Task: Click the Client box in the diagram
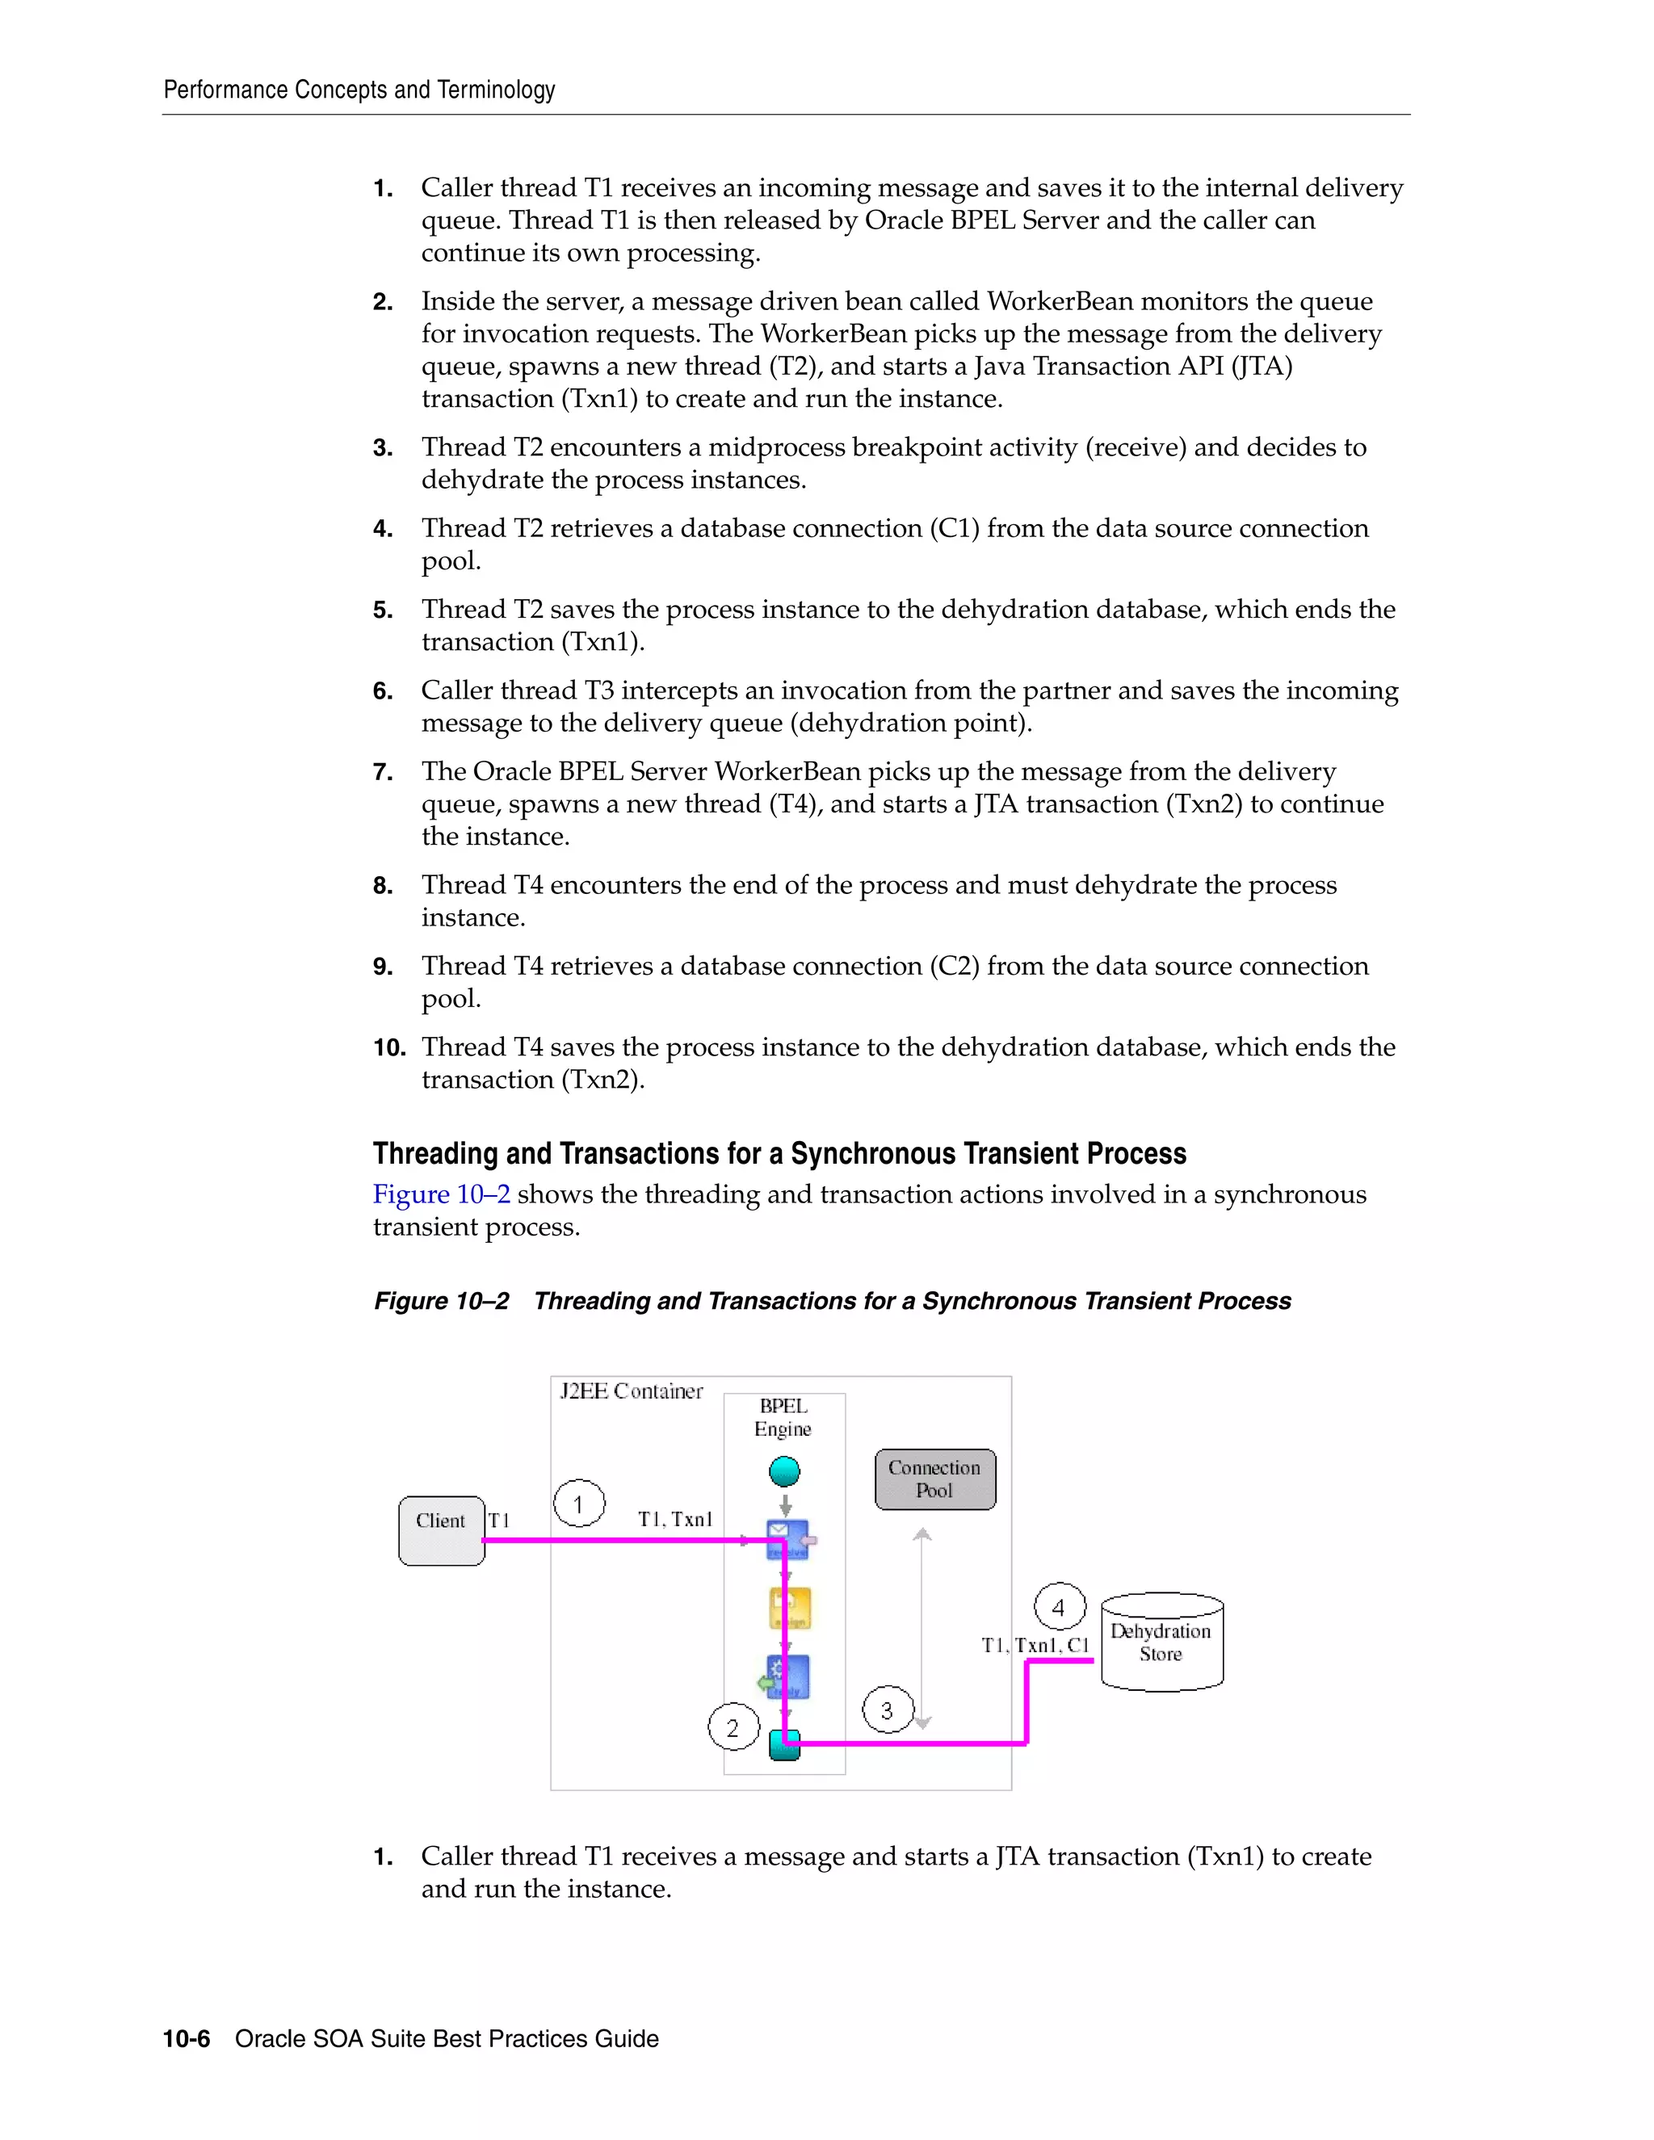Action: coord(441,1529)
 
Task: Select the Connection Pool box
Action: coord(934,1479)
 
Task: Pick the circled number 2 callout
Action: coord(733,1728)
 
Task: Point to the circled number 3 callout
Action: coord(887,1710)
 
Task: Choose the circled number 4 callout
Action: coord(1060,1607)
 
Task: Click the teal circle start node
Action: coord(785,1471)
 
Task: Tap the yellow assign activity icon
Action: coord(790,1608)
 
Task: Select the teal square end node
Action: coord(785,1745)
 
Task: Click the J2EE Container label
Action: coord(631,1391)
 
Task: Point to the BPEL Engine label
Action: coord(783,1417)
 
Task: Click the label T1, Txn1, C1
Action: coord(1035,1645)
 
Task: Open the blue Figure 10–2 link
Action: coord(441,1194)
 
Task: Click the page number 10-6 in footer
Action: coord(187,2039)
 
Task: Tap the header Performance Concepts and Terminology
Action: coord(359,90)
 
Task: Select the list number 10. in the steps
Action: coord(389,1047)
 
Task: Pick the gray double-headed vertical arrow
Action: coord(922,1627)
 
